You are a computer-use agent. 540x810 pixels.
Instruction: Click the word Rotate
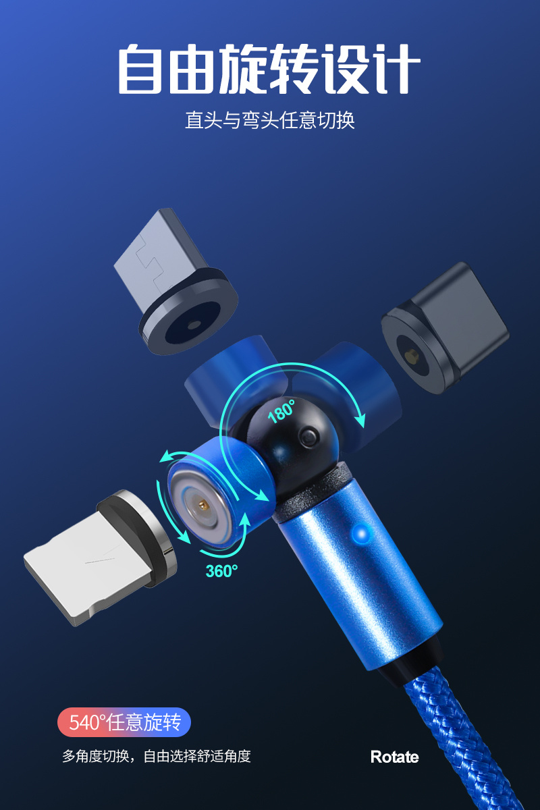click(395, 757)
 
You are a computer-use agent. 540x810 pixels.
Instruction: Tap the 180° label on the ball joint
click(281, 411)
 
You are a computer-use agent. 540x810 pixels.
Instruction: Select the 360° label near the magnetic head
click(221, 571)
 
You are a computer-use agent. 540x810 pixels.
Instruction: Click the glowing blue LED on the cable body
click(360, 533)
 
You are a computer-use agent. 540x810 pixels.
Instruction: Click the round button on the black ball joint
click(308, 437)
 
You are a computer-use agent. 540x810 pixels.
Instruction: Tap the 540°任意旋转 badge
click(124, 722)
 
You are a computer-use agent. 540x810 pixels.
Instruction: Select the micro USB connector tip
click(175, 281)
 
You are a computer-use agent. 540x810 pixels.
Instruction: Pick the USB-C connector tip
click(446, 328)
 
